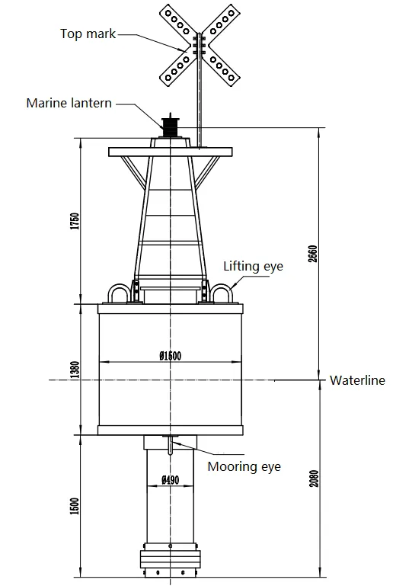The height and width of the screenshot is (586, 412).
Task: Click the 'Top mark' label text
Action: pos(88,34)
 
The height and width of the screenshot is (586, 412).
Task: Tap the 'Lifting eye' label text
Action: pos(253,266)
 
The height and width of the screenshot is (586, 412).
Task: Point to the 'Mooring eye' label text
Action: pos(244,465)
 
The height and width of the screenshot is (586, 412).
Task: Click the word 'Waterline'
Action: pos(357,380)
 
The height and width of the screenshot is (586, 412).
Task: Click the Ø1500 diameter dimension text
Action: pos(171,356)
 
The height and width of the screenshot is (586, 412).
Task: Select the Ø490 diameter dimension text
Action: pos(171,481)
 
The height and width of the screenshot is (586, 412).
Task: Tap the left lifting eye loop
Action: pos(119,293)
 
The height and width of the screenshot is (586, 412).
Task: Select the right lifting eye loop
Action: pos(222,293)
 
